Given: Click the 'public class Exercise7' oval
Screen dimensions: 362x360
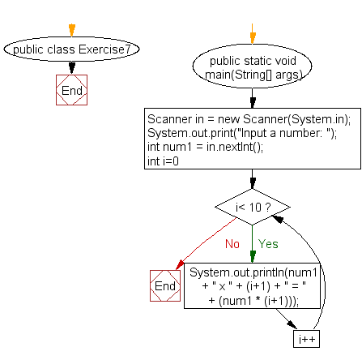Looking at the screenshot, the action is [71, 49].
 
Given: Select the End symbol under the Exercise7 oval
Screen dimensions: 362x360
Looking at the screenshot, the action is [71, 90].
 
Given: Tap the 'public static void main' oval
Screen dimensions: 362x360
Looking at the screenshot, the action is [252, 66].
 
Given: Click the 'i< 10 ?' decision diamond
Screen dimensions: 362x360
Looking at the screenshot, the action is [253, 207].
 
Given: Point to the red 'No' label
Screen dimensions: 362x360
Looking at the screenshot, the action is [232, 244].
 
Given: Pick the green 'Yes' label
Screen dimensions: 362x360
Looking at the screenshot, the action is [268, 244].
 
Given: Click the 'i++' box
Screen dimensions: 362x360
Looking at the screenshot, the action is [306, 339].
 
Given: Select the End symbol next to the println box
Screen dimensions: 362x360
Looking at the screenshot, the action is [165, 285].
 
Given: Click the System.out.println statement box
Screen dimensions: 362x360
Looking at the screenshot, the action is [252, 286].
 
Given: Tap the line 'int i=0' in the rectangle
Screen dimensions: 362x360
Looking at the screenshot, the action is [163, 161].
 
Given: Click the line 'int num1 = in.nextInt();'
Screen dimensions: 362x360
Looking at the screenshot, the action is [205, 147].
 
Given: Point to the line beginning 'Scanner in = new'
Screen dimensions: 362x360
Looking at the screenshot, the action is [249, 119].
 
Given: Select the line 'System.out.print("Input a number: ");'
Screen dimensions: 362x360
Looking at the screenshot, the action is [242, 133].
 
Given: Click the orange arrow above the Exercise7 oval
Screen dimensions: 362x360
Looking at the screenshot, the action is [72, 30].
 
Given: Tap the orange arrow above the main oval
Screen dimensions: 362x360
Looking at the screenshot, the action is [253, 34].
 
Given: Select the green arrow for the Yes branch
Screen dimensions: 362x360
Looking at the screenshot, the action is [253, 244].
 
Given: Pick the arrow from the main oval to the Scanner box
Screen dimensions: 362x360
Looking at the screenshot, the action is [253, 98].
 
